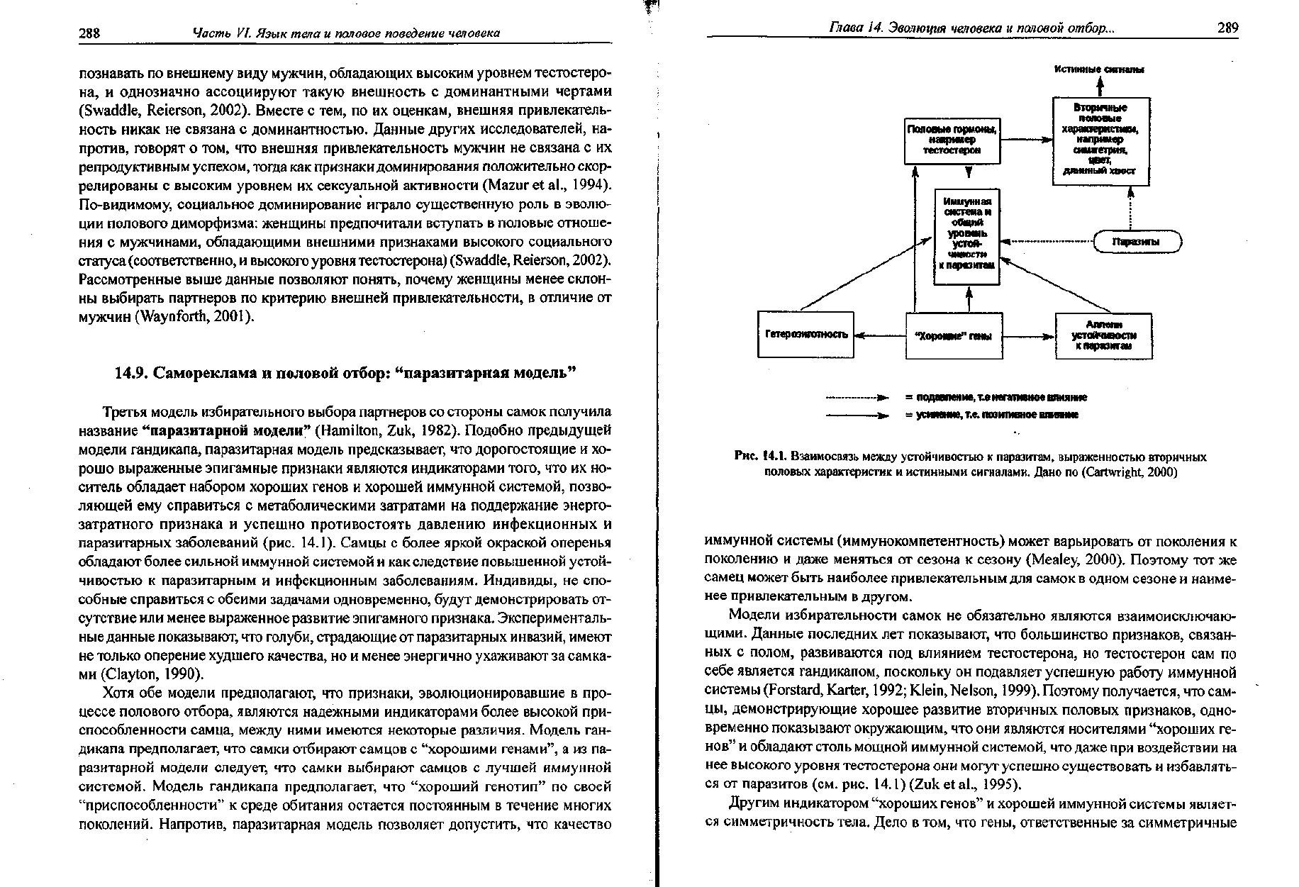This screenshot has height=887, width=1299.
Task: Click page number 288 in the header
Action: coord(90,33)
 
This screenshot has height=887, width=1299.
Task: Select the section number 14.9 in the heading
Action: coord(131,374)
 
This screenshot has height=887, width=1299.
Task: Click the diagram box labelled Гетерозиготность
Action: coord(806,334)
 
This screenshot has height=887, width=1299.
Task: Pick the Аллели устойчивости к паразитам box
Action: coord(1103,335)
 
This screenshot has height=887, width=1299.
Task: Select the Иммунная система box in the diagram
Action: coord(966,236)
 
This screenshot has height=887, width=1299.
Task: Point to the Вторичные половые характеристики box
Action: coord(1100,140)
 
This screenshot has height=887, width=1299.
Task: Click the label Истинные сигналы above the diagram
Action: coord(1099,69)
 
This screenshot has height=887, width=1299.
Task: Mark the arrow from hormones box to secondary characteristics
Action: coord(1025,140)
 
